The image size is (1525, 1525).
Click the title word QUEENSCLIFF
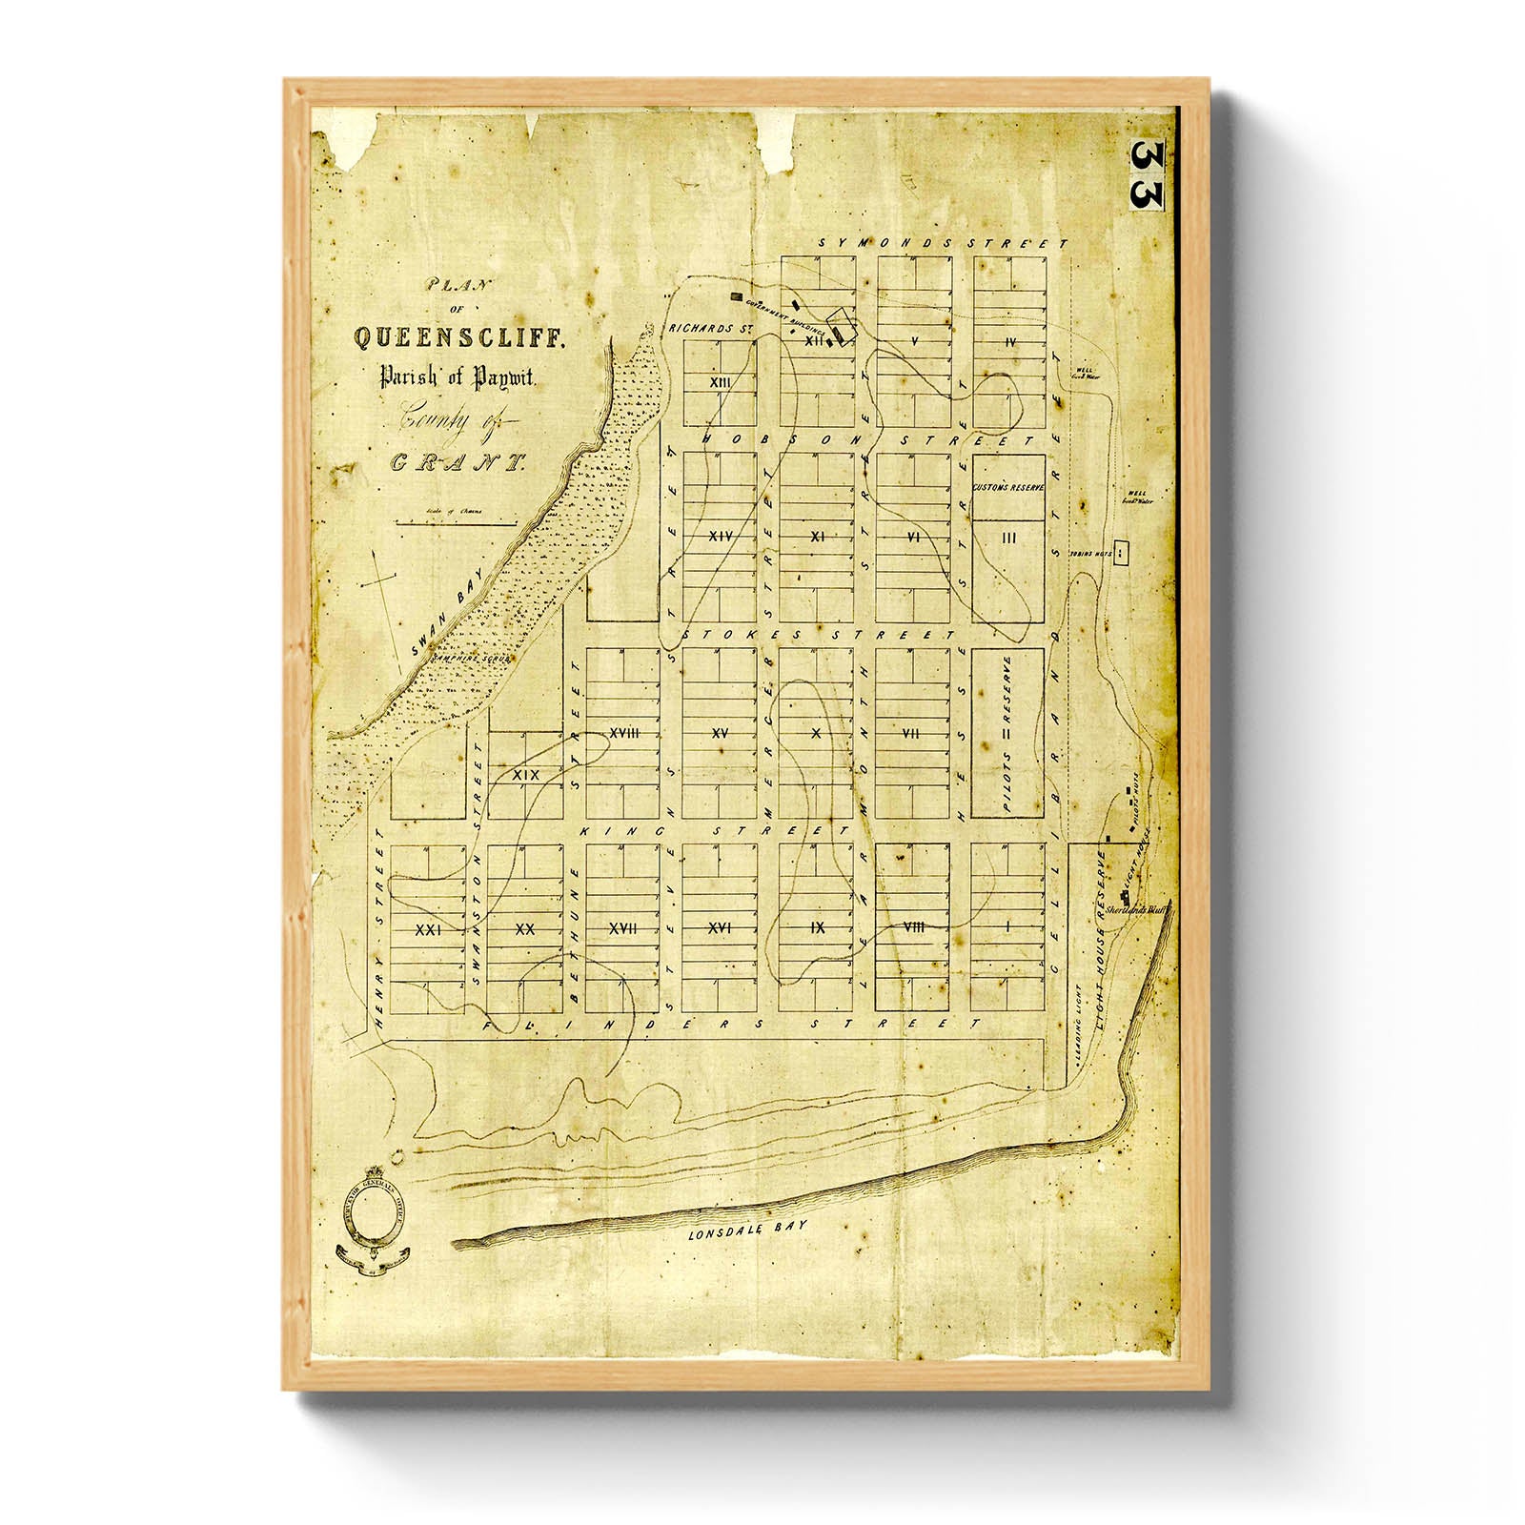pyautogui.click(x=460, y=336)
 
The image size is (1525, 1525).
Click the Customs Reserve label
pyautogui.click(x=1008, y=487)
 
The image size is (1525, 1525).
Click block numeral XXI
pyautogui.click(x=427, y=928)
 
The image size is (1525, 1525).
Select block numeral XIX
pyautogui.click(x=525, y=775)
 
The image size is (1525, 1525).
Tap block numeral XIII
pyautogui.click(x=721, y=381)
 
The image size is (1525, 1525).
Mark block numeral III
pyautogui.click(x=1009, y=539)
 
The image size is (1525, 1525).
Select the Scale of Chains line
pyautogui.click(x=457, y=521)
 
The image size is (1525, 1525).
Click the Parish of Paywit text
pyautogui.click(x=459, y=377)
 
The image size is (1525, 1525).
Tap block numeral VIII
pyautogui.click(x=912, y=926)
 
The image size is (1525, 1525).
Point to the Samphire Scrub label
pyautogui.click(x=472, y=658)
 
